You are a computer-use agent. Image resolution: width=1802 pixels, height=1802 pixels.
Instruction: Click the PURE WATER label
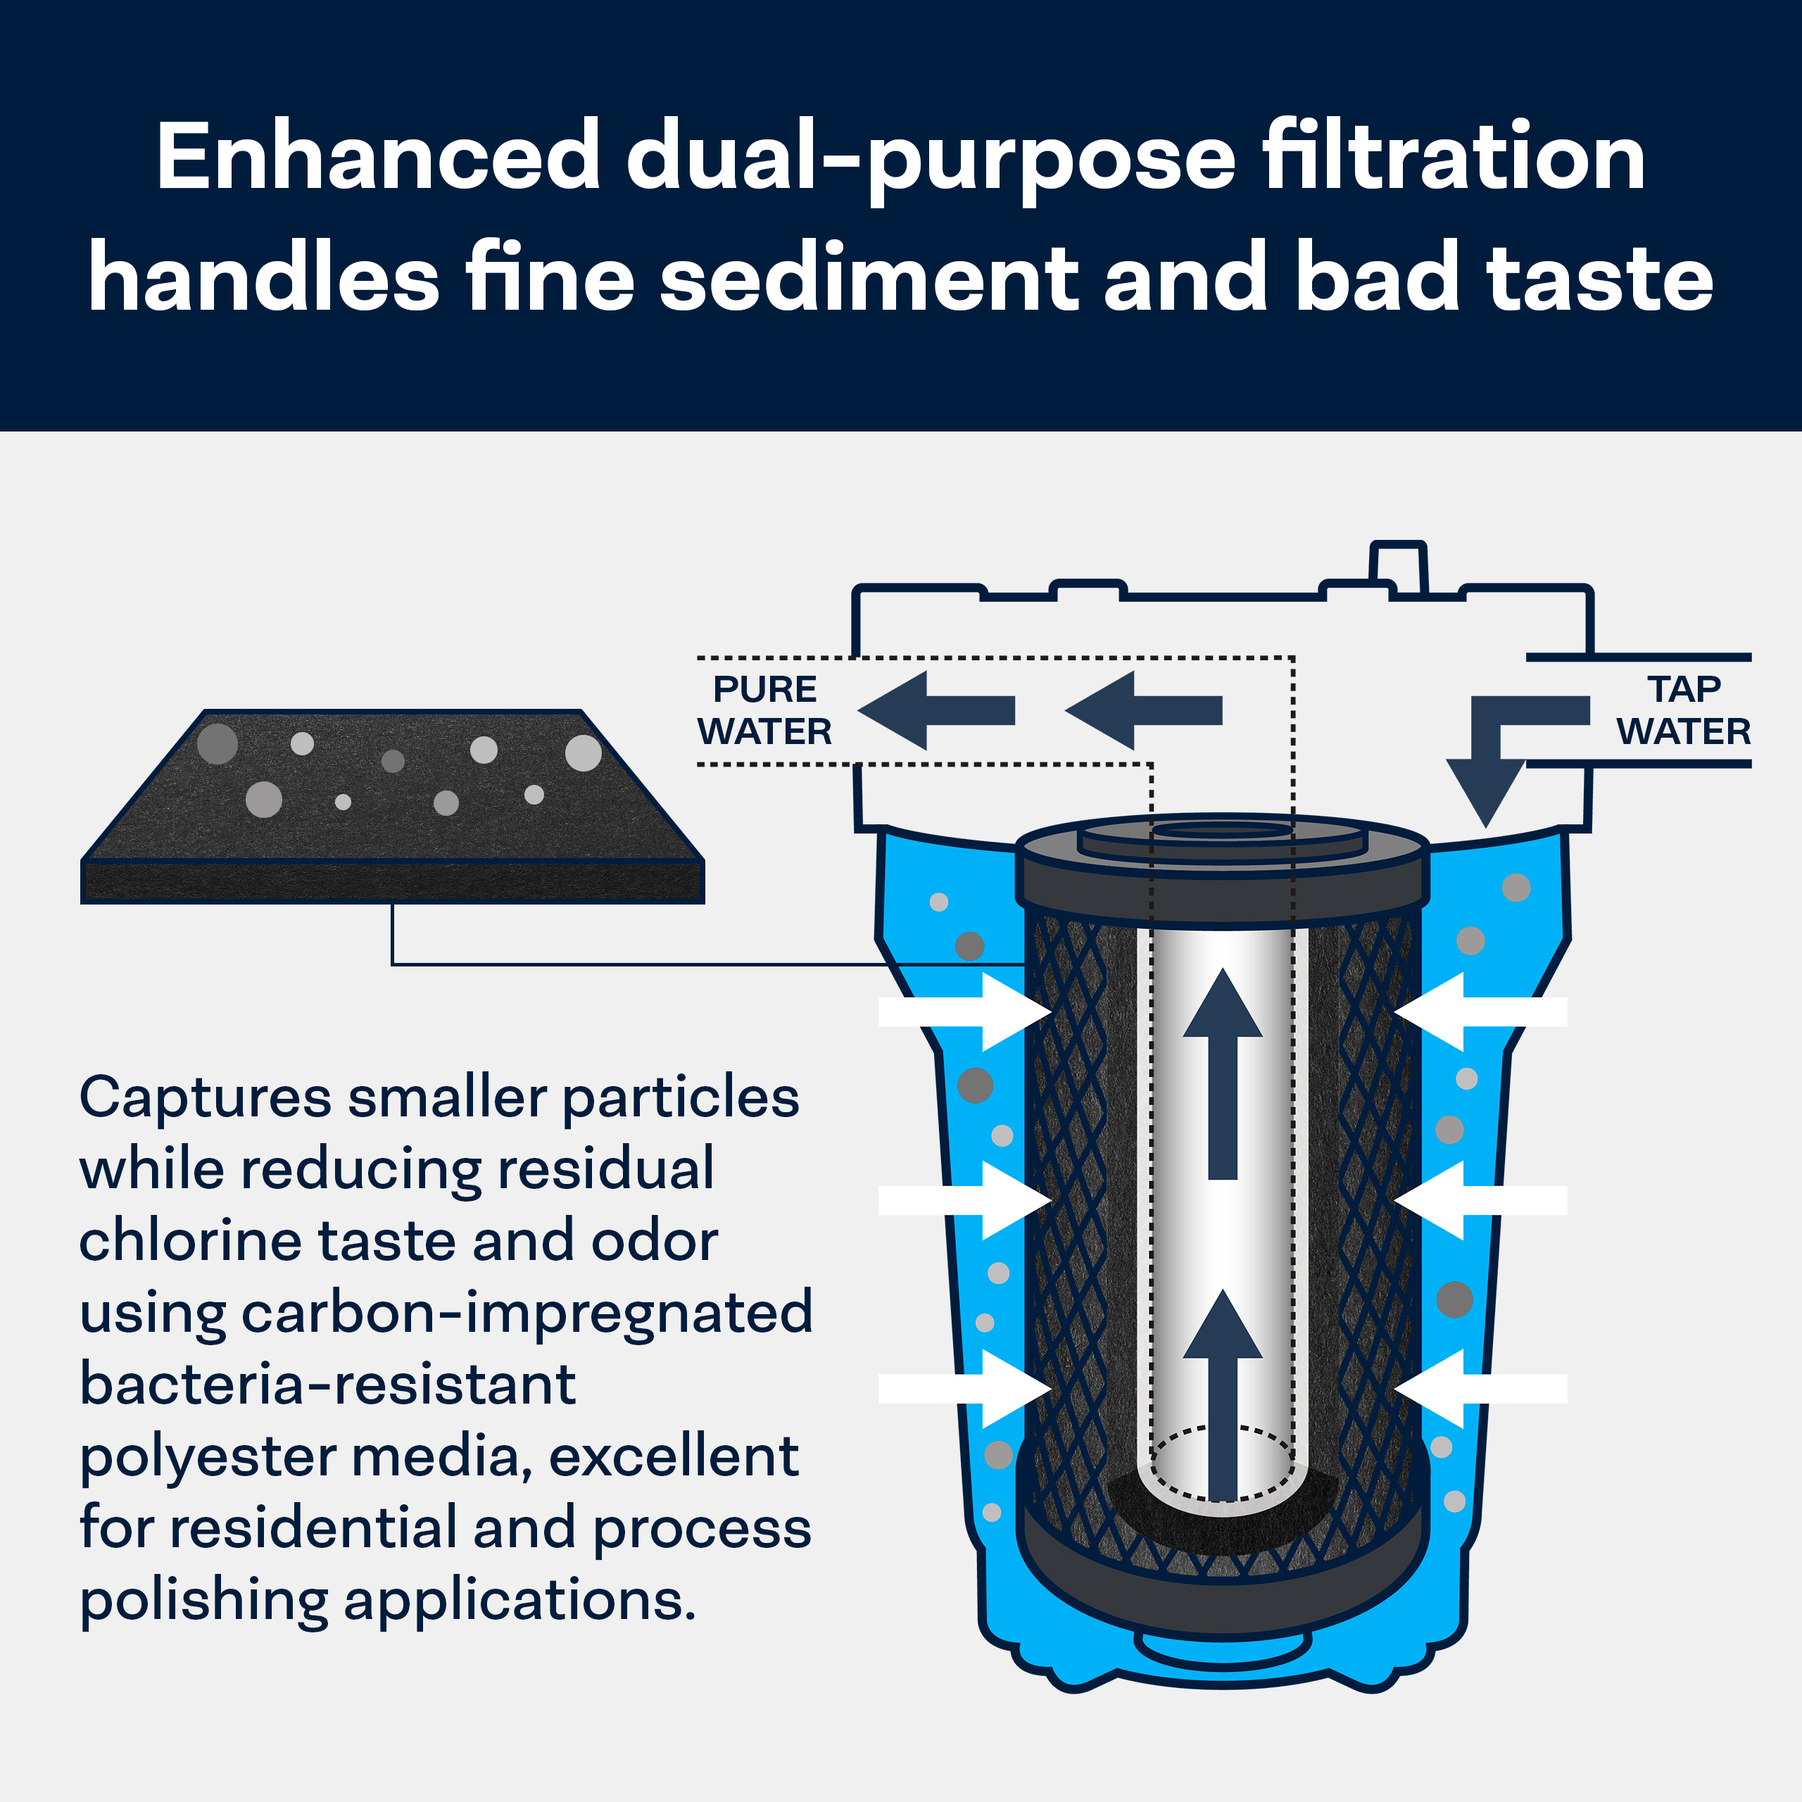coord(765,710)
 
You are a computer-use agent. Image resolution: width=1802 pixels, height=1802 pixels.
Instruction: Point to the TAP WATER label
coord(1684,710)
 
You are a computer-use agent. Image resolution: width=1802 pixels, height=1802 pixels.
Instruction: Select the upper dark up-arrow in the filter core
coord(1223,1073)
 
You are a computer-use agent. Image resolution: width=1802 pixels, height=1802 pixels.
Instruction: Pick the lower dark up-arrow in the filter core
coord(1223,1394)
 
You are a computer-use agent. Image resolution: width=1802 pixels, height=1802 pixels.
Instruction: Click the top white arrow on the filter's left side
coord(965,1012)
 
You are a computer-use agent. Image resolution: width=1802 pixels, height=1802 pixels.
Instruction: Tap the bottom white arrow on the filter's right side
coord(1480,1389)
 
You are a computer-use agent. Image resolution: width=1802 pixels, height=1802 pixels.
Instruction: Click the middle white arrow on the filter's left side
coord(965,1200)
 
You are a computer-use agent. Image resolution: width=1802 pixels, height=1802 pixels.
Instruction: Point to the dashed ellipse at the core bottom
coord(1223,1463)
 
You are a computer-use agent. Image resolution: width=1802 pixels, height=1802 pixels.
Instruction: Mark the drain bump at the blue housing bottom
coord(1222,1648)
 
